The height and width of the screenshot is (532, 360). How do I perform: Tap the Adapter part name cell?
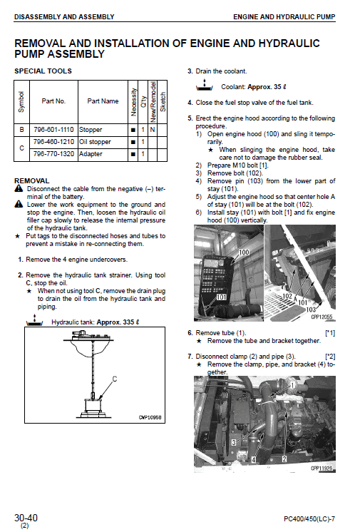click(93, 153)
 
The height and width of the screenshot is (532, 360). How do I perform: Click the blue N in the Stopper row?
click(152, 130)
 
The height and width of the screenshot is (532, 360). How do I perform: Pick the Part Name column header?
click(103, 101)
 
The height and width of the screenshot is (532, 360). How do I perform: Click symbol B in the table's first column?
click(21, 130)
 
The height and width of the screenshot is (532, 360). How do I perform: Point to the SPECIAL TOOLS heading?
click(43, 71)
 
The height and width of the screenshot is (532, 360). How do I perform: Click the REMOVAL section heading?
click(32, 181)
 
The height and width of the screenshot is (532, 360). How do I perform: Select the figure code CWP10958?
click(150, 418)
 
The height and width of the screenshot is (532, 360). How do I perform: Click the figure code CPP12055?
click(322, 317)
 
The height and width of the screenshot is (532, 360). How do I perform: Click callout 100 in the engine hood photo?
click(243, 253)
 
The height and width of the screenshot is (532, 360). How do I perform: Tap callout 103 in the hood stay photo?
click(311, 310)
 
